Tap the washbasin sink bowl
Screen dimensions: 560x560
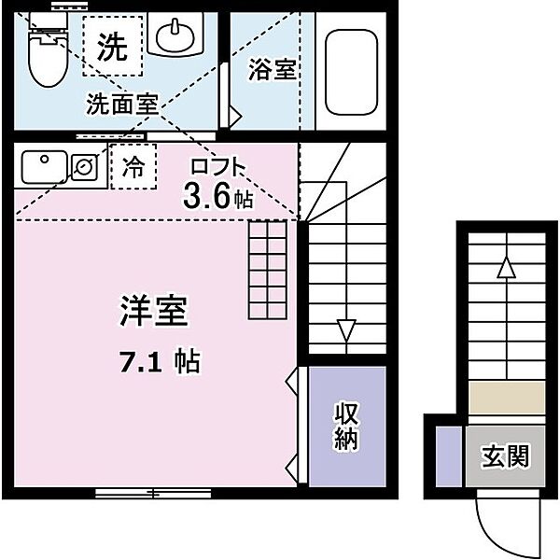(x=175, y=36)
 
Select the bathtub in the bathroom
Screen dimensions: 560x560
(x=352, y=72)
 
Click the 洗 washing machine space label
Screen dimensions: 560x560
(x=112, y=47)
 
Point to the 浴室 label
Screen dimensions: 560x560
(x=273, y=69)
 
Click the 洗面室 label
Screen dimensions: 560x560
(x=122, y=104)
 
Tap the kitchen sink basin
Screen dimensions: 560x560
(x=45, y=167)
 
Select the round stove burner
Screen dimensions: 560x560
(x=85, y=166)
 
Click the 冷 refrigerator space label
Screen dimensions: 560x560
(x=133, y=166)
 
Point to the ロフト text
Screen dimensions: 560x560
(x=218, y=166)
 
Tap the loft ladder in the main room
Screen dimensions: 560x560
(x=268, y=270)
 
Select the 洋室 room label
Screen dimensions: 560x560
(x=154, y=311)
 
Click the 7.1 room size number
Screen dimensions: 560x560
(x=141, y=362)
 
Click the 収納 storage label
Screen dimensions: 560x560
(x=346, y=426)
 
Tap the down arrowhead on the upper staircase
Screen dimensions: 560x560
(x=346, y=330)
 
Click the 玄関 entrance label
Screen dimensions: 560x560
(x=505, y=456)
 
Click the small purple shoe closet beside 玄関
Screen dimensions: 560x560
(x=449, y=456)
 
